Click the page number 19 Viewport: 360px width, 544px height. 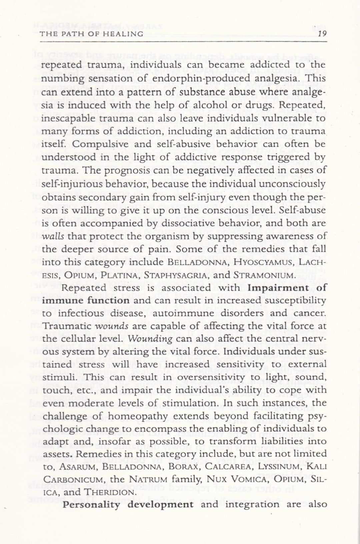pyautogui.click(x=322, y=34)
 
